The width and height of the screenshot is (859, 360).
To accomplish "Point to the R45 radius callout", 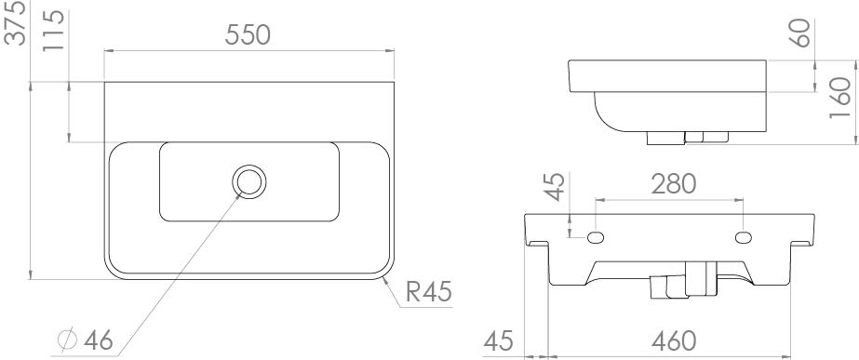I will [428, 293].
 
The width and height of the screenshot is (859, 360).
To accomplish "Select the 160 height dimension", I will [840, 96].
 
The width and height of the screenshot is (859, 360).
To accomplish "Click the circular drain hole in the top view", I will [248, 181].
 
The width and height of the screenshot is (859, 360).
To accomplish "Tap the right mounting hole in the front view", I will [745, 237].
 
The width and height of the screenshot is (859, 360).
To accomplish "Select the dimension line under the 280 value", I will [670, 199].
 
